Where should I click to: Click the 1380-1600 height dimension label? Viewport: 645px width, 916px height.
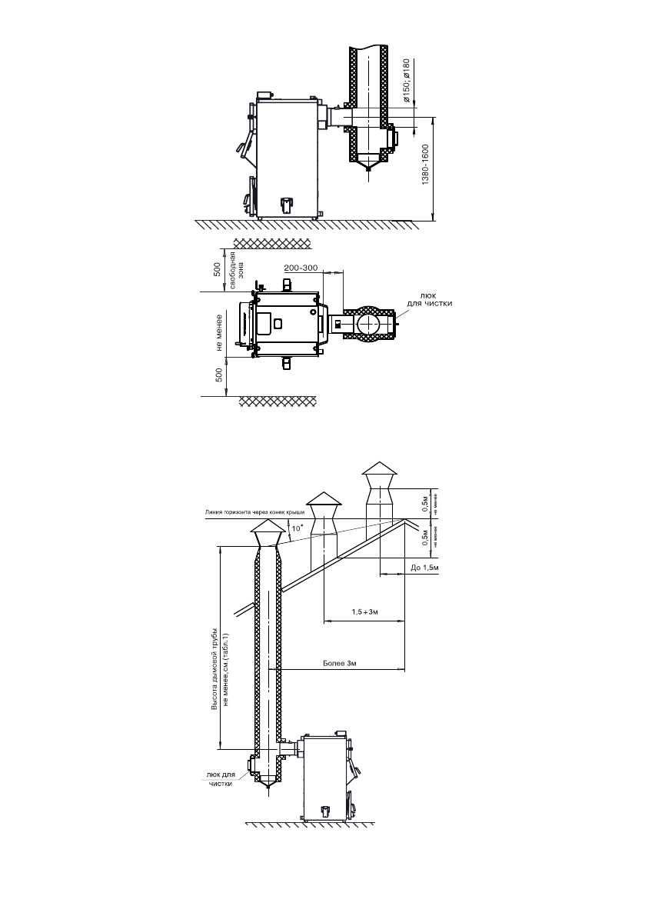click(427, 170)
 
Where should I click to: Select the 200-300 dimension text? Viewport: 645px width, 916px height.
click(301, 268)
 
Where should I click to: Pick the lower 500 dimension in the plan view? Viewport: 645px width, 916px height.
click(218, 376)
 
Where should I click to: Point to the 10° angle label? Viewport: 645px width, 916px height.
click(297, 528)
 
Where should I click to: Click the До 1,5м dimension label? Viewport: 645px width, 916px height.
click(424, 568)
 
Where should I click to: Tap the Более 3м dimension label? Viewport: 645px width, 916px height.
click(338, 662)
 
